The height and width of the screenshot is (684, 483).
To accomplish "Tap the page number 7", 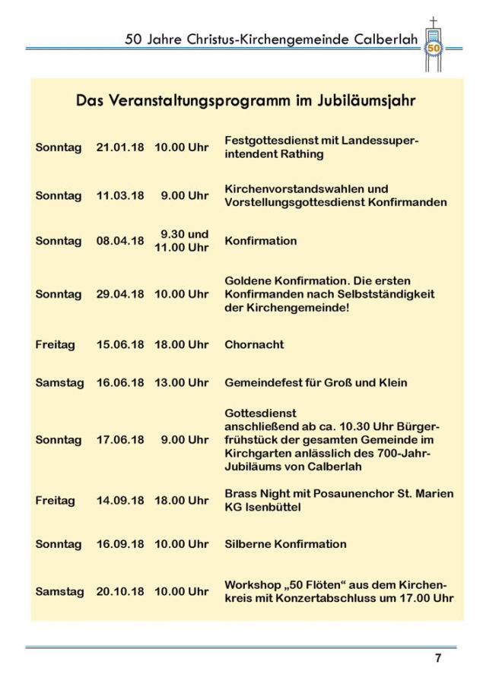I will tap(437, 659).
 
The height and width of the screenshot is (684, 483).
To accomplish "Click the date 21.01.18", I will tap(119, 147).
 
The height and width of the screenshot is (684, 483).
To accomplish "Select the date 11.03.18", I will tap(119, 195).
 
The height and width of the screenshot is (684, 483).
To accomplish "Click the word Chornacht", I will tap(254, 344).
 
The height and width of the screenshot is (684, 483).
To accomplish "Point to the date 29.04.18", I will tap(119, 294).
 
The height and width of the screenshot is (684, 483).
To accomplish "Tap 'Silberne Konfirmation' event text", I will tap(285, 544).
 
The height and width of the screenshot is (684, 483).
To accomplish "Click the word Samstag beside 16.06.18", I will tap(59, 383).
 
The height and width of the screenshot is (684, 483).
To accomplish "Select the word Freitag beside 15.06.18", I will tap(55, 344).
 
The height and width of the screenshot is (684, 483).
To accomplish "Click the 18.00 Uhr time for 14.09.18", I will tap(181, 501).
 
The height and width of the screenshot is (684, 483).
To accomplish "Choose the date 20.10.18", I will tap(119, 591).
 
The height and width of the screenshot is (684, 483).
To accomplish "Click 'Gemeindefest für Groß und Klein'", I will tap(316, 383).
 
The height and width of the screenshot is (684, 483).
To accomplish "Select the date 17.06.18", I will tap(119, 440).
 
